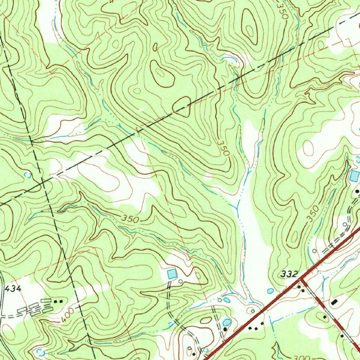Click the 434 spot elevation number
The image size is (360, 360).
(x=13, y=289)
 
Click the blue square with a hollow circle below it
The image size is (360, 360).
(x=172, y=273)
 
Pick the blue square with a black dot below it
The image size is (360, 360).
(x=354, y=176)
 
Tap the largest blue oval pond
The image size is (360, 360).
(x=227, y=322)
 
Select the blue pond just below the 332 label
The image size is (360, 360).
(x=270, y=291)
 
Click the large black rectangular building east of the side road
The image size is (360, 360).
(x=334, y=302)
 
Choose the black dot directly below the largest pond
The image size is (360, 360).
(x=225, y=328)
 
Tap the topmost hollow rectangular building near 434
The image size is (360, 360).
(x=46, y=301)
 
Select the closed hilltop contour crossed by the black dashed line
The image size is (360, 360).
(x=182, y=106)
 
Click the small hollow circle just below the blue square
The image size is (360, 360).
(x=180, y=281)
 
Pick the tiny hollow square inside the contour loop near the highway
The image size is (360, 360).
(x=252, y=311)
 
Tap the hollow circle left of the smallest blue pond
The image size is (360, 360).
(x=220, y=300)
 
